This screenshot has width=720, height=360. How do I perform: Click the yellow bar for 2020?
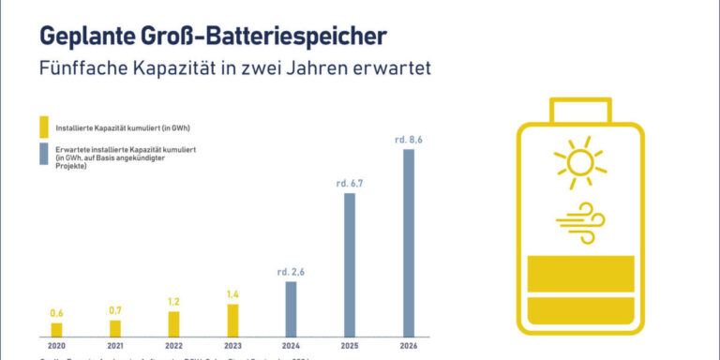[56, 329]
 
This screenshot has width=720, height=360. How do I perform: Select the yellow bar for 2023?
[232, 320]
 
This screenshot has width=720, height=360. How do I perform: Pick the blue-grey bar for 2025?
[349, 264]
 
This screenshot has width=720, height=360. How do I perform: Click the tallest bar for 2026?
[408, 242]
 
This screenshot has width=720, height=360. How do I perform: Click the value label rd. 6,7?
[350, 184]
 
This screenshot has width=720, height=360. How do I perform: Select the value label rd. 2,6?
[292, 272]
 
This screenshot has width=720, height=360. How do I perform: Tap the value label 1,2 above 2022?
[173, 302]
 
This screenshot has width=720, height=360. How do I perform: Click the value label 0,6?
[56, 313]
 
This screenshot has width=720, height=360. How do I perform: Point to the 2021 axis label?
[114, 346]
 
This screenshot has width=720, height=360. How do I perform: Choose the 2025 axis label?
[350, 346]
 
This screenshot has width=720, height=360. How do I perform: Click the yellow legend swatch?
[42, 127]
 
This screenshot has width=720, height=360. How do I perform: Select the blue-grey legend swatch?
[42, 154]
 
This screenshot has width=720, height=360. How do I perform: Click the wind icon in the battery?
[579, 217]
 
